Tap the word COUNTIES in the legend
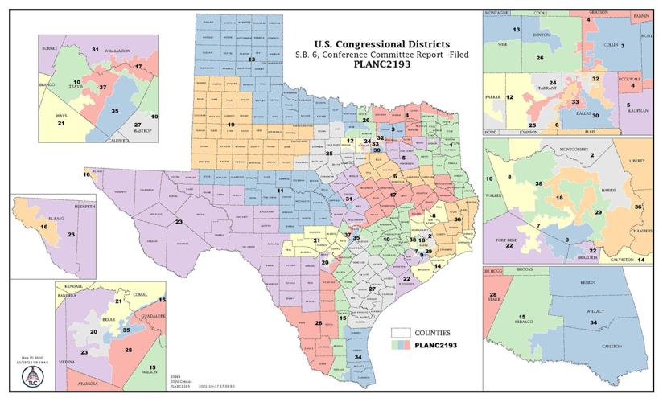432,332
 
